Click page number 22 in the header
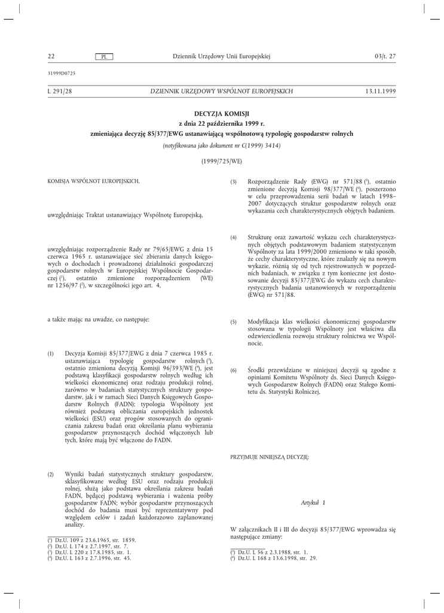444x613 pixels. pos(51,56)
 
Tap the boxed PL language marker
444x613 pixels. pos(105,57)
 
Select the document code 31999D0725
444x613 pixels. pos(61,73)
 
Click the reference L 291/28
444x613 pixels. pos(60,91)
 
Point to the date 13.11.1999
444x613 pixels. pos(380,91)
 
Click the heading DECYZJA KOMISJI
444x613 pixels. pos(222,113)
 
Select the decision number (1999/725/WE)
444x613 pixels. pos(222,161)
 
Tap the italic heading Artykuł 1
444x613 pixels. pos(313,504)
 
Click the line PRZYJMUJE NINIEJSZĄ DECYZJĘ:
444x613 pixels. pos(270,457)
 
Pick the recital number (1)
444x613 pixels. pos(51,354)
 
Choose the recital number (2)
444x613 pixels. pos(51,474)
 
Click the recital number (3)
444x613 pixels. pos(234,181)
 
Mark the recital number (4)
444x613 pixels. pos(234,238)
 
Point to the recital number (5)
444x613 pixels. pos(234,321)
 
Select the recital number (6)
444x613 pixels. pos(234,371)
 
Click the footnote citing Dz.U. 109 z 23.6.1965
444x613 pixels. pos(91,540)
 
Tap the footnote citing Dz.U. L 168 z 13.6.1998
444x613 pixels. pos(274,558)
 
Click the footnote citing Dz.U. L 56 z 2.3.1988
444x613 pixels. pos(270,552)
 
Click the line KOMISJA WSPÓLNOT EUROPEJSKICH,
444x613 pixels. pos(93,181)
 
